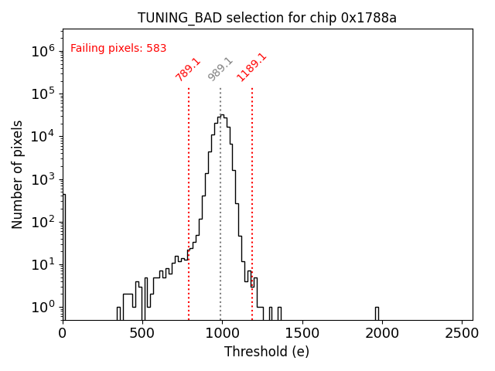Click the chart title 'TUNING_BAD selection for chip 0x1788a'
(x=267, y=18)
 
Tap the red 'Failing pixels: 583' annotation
(x=118, y=48)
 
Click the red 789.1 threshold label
(x=188, y=70)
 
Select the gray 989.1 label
(x=220, y=69)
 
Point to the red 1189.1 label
(x=252, y=67)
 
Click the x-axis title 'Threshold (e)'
(x=267, y=352)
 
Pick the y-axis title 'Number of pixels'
(x=18, y=174)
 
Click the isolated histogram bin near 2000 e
(x=377, y=313)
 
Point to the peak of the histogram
(x=221, y=116)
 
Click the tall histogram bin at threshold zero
(x=64, y=255)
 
